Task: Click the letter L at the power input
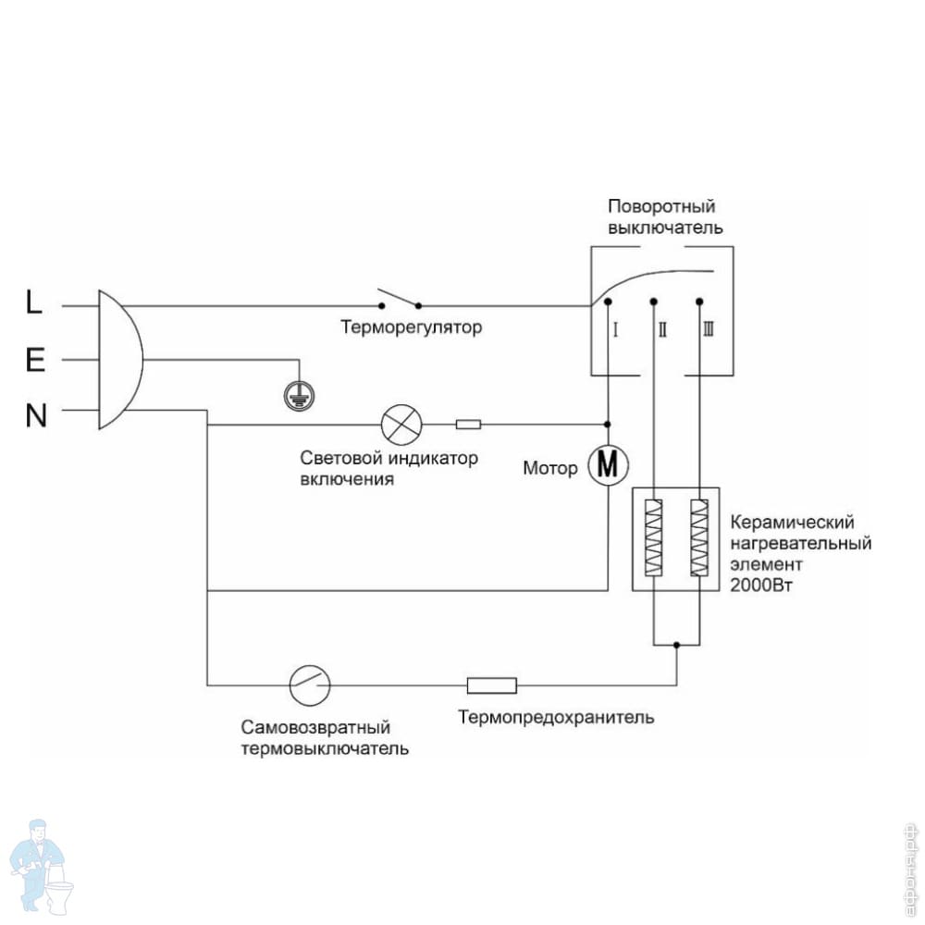coord(33,303)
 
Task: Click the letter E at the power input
coord(35,360)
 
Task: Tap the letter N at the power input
coord(35,417)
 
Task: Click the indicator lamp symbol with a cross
coord(401,425)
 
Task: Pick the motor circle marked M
coord(608,465)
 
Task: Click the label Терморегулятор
coord(411,327)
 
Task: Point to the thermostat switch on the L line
coord(399,300)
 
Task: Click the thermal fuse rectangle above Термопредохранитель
coord(491,685)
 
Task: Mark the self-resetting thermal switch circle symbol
coord(310,685)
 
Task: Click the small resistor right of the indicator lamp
coord(468,425)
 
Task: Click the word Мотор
coord(550,468)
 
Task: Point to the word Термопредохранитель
coord(556,717)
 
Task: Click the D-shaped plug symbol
coord(119,360)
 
